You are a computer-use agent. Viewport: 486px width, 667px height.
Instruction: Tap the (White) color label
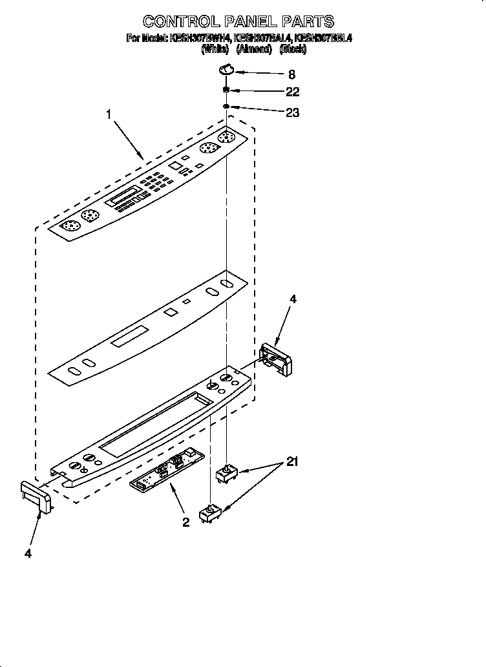coord(216,49)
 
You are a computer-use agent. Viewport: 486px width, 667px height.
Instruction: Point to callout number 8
coord(273,74)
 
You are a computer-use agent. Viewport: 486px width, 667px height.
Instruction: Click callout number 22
coord(292,92)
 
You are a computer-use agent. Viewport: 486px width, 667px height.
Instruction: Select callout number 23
coord(292,112)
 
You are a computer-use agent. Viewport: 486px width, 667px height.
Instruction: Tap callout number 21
coord(292,462)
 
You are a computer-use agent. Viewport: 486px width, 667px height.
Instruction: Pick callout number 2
coord(185,523)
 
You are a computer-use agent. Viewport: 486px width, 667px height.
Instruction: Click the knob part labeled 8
coord(226,69)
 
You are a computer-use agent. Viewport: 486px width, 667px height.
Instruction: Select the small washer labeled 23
coord(226,106)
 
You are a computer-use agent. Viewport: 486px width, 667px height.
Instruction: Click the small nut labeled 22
coord(226,90)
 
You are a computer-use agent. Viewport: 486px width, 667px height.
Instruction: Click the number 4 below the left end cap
coord(28,553)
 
